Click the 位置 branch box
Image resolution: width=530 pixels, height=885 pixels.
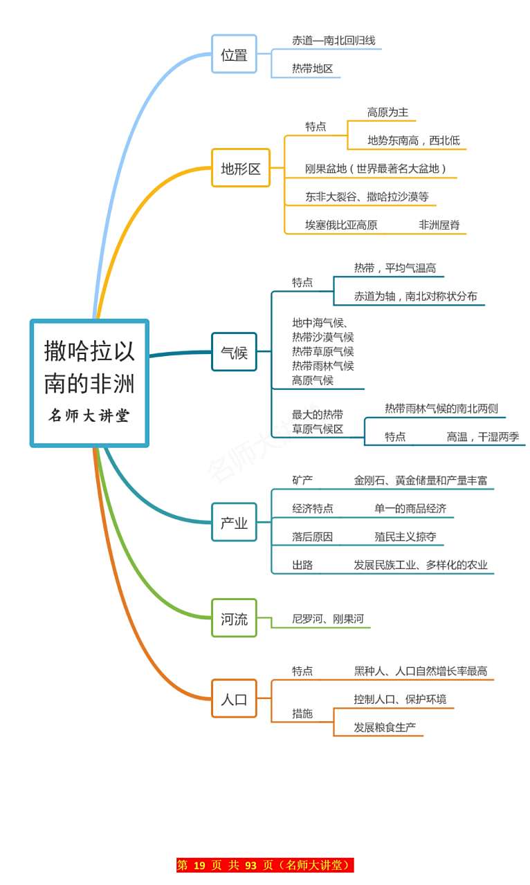pyautogui.click(x=234, y=54)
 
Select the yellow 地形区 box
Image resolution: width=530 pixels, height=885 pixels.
pyautogui.click(x=240, y=168)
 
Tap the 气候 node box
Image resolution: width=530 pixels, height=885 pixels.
pyautogui.click(x=234, y=352)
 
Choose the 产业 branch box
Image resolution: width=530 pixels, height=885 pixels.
pyautogui.click(x=234, y=523)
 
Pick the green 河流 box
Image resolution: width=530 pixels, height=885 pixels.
pyautogui.click(x=234, y=618)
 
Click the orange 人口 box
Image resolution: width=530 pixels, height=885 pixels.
pyautogui.click(x=234, y=698)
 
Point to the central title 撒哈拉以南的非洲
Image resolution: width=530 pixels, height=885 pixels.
pyautogui.click(x=89, y=366)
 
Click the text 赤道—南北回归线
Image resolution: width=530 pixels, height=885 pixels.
pyautogui.click(x=333, y=41)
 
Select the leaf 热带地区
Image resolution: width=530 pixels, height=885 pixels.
pyautogui.click(x=312, y=68)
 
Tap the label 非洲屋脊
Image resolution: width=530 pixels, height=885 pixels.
pyautogui.click(x=439, y=225)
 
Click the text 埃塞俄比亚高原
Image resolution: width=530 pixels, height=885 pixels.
pyautogui.click(x=341, y=225)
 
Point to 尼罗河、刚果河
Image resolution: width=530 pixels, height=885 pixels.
pyautogui.click(x=327, y=619)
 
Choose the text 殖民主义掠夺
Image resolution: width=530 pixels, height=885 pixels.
pyautogui.click(x=405, y=537)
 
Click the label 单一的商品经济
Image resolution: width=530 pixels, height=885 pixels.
pyautogui.click(x=410, y=508)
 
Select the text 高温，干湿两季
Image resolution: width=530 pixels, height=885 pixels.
pyautogui.click(x=482, y=436)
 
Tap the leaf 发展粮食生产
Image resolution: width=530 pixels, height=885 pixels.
pyautogui.click(x=385, y=727)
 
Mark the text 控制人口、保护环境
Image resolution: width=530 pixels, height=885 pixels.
pyautogui.click(x=400, y=699)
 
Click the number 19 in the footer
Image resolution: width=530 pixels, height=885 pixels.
pyautogui.click(x=199, y=866)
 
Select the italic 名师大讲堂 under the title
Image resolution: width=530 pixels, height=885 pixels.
pyautogui.click(x=89, y=416)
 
